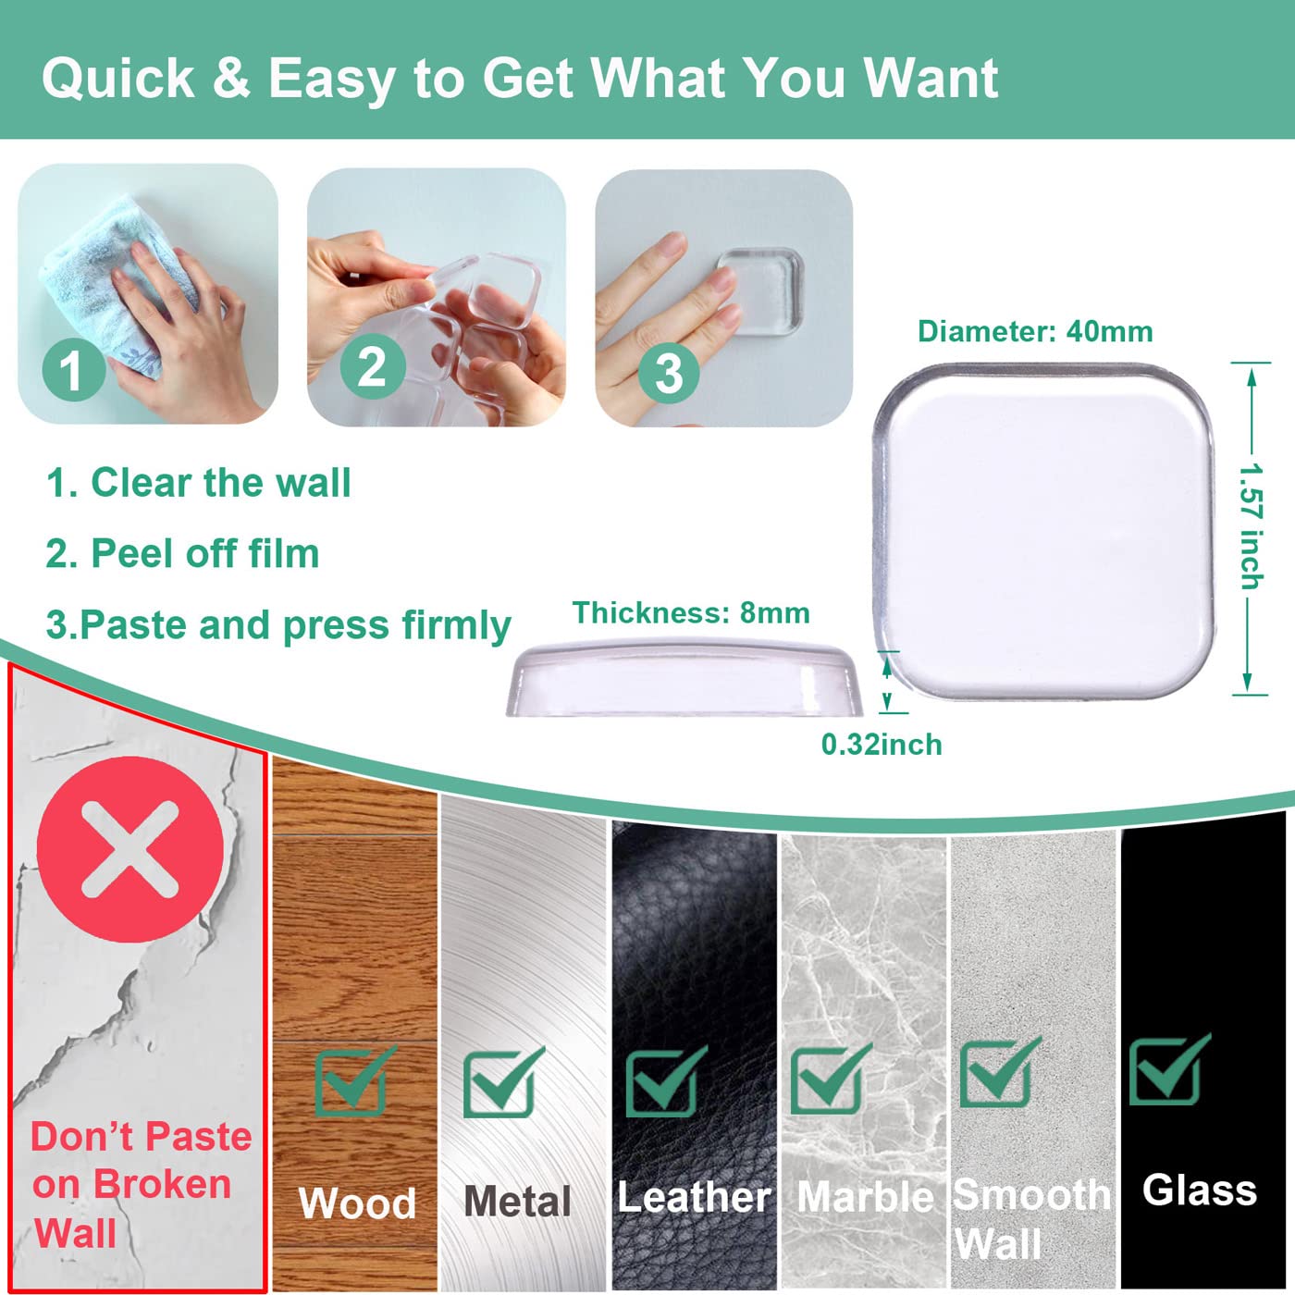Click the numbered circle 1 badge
73,370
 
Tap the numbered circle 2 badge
372,367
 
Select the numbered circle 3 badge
669,372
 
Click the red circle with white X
129,849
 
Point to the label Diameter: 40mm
1035,331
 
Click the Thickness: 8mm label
691,613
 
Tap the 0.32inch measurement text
882,745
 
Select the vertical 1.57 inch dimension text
1252,526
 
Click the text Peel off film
205,554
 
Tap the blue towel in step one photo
115,282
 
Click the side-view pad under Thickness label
684,679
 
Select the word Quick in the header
118,79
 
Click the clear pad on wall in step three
760,290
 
